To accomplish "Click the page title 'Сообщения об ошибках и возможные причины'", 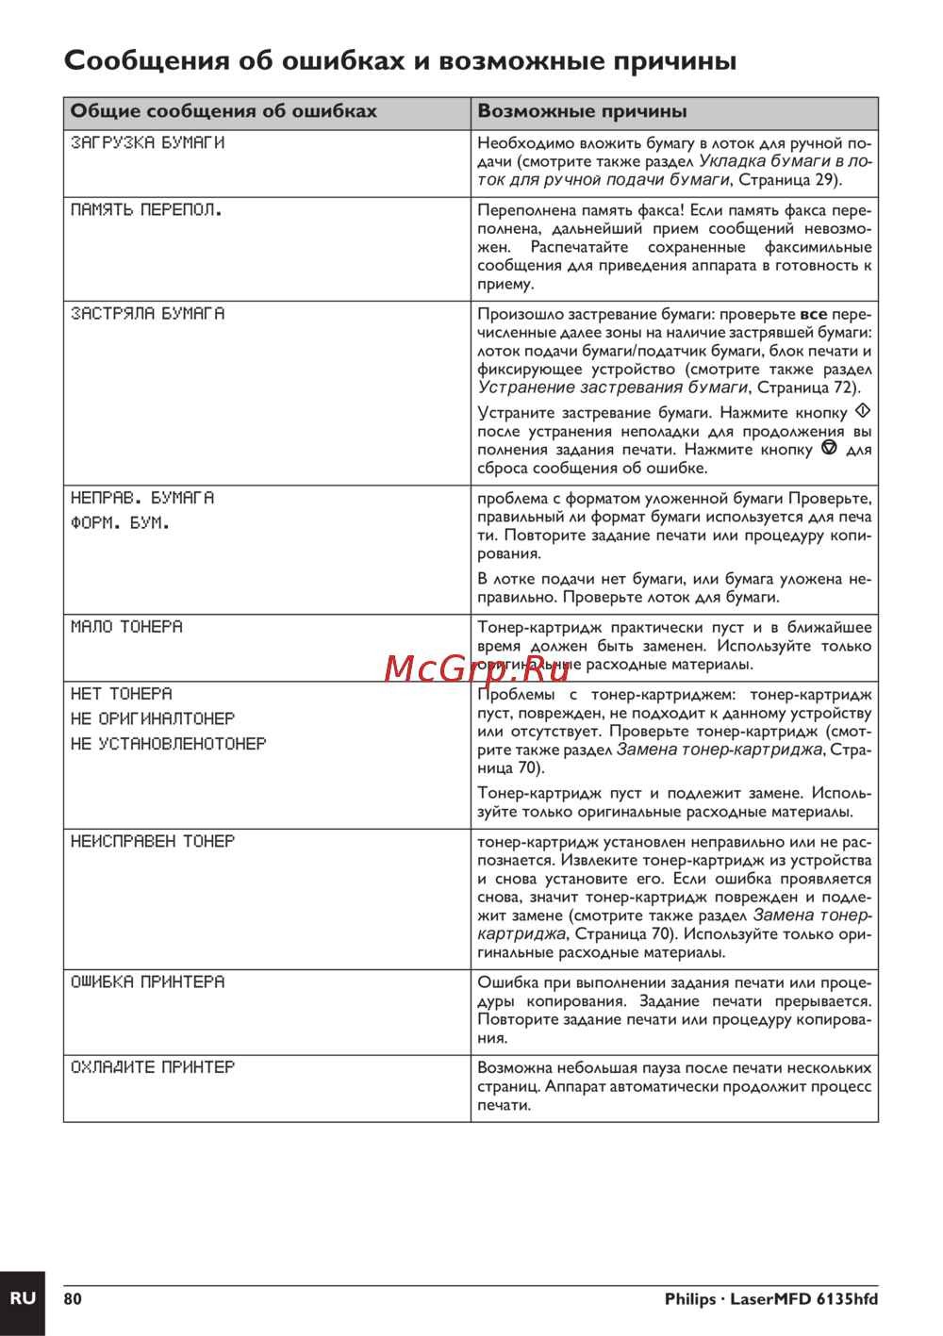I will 400,61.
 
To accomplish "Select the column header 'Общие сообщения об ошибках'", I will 223,111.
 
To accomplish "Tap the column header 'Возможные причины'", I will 582,111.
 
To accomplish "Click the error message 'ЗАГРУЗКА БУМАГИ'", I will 147,142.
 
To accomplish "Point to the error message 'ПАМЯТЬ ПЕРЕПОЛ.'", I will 146,209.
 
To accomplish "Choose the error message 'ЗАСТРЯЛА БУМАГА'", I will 147,313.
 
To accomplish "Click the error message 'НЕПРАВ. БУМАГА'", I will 142,497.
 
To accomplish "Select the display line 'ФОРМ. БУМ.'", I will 120,522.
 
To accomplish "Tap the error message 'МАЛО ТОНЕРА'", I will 126,626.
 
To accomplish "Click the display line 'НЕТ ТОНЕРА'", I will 122,693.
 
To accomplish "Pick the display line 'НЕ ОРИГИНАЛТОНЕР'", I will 153,718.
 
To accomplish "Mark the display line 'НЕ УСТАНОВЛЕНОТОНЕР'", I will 168,744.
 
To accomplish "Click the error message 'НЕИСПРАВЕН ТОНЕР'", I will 153,840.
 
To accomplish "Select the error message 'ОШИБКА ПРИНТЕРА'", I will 147,981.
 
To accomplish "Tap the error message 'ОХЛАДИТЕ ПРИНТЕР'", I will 153,1066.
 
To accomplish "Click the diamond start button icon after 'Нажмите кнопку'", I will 862,412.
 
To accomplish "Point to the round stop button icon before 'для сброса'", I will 829,449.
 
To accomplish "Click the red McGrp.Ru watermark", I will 477,668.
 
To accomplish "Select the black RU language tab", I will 22,1298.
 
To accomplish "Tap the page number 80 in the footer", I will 73,1299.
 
